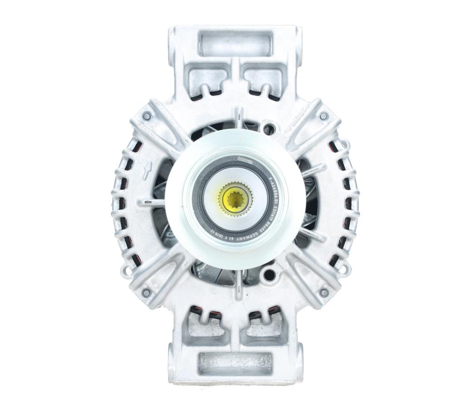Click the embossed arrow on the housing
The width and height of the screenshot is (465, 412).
pyautogui.click(x=147, y=172)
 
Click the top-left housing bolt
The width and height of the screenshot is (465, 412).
pyautogui.click(x=146, y=116)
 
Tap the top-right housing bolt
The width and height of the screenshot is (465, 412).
pyautogui.click(x=323, y=116)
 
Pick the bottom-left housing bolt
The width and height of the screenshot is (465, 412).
pyautogui.click(x=146, y=293)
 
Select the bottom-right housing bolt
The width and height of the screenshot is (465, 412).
pyautogui.click(x=323, y=293)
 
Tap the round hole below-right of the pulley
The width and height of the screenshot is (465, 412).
pyautogui.click(x=269, y=275)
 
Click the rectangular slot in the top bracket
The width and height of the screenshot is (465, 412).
pyautogui.click(x=235, y=44)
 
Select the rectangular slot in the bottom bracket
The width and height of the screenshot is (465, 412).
pyautogui.click(x=235, y=363)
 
